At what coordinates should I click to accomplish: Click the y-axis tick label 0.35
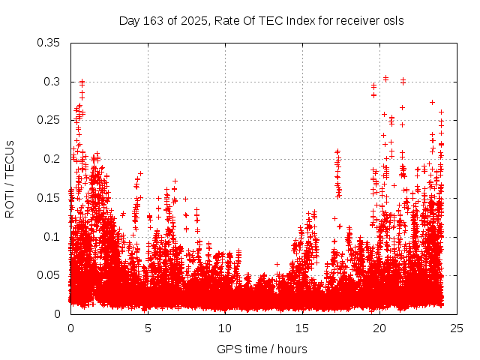(x=49, y=43)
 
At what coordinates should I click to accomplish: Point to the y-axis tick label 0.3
(x=52, y=81)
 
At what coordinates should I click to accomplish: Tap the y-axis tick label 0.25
(x=49, y=120)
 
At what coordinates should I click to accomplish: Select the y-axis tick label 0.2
(x=52, y=159)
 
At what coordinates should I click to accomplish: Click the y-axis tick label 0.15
(x=49, y=197)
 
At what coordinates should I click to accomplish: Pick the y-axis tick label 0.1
(x=52, y=236)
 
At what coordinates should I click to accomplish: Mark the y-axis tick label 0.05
(x=49, y=275)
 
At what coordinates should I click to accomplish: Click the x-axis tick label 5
(x=148, y=328)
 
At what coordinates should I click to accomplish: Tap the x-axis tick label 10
(x=225, y=328)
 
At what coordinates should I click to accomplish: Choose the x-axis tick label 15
(x=302, y=328)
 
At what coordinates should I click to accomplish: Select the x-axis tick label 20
(x=379, y=328)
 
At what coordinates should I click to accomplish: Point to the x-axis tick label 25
(x=457, y=328)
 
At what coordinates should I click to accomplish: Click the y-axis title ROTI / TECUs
(x=10, y=178)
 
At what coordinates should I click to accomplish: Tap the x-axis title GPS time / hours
(x=262, y=349)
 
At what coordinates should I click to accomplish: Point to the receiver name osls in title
(x=392, y=20)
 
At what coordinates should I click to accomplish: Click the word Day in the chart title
(x=129, y=20)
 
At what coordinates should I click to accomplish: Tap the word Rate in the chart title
(x=226, y=20)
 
